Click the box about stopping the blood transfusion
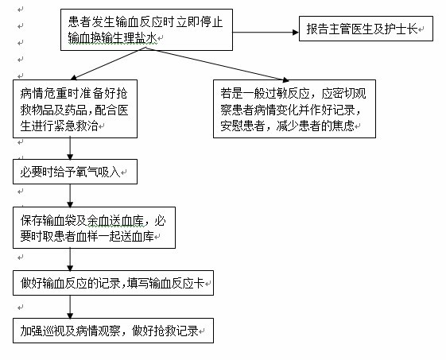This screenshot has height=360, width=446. pyautogui.click(x=146, y=30)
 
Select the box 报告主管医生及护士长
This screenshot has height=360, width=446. pyautogui.click(x=366, y=29)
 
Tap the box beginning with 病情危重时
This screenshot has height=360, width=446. pyautogui.click(x=75, y=109)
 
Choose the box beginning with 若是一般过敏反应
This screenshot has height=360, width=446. pyautogui.click(x=294, y=109)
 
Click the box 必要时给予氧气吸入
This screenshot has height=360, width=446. pyautogui.click(x=75, y=172)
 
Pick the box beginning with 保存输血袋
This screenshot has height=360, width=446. pyautogui.click(x=94, y=227)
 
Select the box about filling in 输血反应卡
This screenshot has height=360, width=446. pyautogui.click(x=113, y=283)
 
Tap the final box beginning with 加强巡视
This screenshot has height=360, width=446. pyautogui.click(x=113, y=331)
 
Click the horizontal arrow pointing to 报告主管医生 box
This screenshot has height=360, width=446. pyautogui.click(x=266, y=32)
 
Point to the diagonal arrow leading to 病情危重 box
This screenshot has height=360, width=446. pyautogui.click(x=108, y=64)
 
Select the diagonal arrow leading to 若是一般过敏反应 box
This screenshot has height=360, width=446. pyautogui.click(x=217, y=64)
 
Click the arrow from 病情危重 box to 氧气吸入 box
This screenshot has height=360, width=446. pyautogui.click(x=70, y=149)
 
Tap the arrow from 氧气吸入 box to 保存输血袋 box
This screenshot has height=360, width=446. pyautogui.click(x=70, y=195)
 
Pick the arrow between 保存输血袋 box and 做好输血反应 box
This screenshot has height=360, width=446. pyautogui.click(x=70, y=259)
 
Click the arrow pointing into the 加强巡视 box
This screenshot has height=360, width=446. pyautogui.click(x=70, y=307)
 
